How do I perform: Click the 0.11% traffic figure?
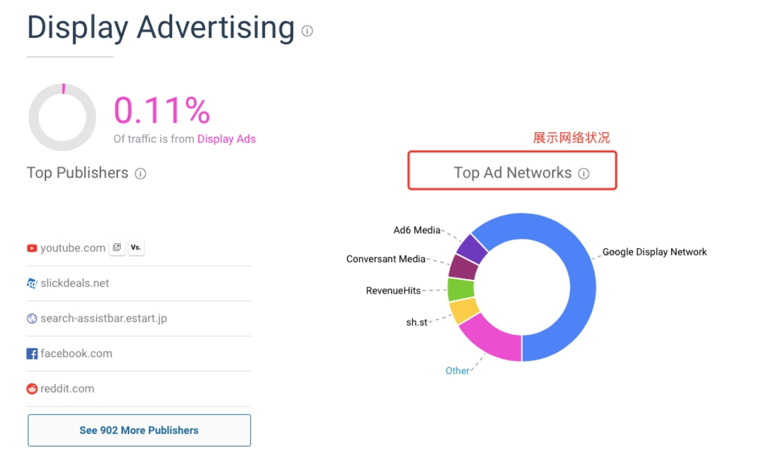[x=162, y=110]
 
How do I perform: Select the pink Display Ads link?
[x=226, y=139]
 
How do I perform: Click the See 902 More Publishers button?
[x=139, y=430]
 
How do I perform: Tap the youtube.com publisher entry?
[x=72, y=248]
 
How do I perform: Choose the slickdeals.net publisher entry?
[x=74, y=283]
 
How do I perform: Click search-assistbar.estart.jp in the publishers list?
[x=104, y=318]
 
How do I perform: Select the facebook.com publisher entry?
[x=76, y=353]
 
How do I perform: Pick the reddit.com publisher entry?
[x=67, y=388]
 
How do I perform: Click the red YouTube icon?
[x=32, y=248]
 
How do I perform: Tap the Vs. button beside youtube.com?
[x=135, y=247]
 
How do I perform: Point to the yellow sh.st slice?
[x=464, y=310]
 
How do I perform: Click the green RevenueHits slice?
[x=461, y=290]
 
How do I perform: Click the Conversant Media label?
[x=385, y=259]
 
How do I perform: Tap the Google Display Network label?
[x=654, y=252]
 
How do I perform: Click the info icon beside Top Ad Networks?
[x=584, y=174]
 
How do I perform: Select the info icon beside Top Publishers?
[x=140, y=174]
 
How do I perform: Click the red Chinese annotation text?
[x=571, y=138]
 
